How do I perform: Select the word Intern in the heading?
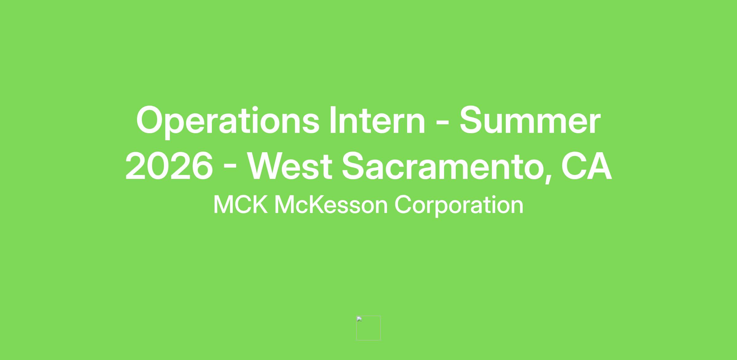click(x=377, y=120)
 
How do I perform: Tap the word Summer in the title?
click(x=530, y=120)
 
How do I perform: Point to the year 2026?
click(x=169, y=166)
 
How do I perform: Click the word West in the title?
click(x=290, y=166)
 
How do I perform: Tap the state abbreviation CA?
click(x=587, y=166)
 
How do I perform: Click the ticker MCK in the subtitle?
click(x=240, y=204)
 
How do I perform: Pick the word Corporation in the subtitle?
click(x=459, y=206)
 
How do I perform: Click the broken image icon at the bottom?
click(x=368, y=328)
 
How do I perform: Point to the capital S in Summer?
click(x=472, y=120)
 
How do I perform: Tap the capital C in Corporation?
click(x=403, y=204)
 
